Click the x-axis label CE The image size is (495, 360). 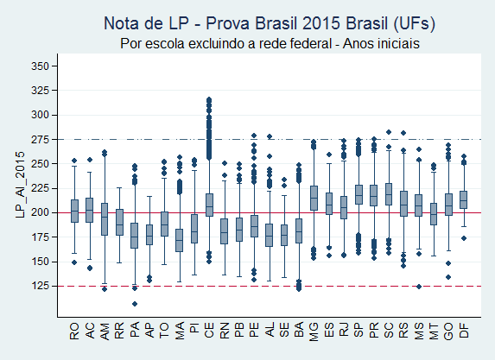pyautogui.click(x=209, y=328)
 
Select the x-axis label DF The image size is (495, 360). pyautogui.click(x=463, y=328)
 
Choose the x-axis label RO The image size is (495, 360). pyautogui.click(x=75, y=328)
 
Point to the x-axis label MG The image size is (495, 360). pyautogui.click(x=314, y=328)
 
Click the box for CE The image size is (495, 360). pyautogui.click(x=209, y=205)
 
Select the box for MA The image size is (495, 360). pyautogui.click(x=179, y=240)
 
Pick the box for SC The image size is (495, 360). pyautogui.click(x=389, y=194)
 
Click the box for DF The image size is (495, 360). pyautogui.click(x=463, y=199)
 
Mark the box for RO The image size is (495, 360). pyautogui.click(x=75, y=211)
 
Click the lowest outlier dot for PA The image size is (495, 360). pyautogui.click(x=134, y=303)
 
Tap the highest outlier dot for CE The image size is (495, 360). pyautogui.click(x=209, y=99)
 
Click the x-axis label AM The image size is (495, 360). pyautogui.click(x=105, y=328)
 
